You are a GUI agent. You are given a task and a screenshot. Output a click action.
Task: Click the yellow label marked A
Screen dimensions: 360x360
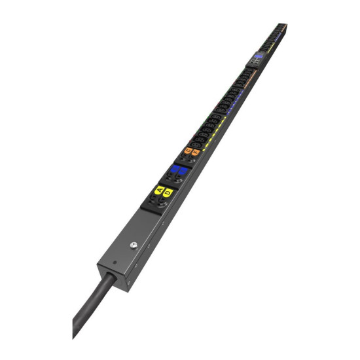[x=159, y=190]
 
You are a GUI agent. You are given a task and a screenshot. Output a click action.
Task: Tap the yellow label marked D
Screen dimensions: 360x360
[x=168, y=193]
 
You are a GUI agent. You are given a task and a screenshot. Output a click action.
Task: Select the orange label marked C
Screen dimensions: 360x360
[x=189, y=151]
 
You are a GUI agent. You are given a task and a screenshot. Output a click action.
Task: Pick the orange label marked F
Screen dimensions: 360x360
[x=196, y=153]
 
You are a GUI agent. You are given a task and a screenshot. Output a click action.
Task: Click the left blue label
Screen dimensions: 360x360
[x=175, y=169]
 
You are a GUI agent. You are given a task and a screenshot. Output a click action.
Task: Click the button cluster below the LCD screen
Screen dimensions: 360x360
[x=253, y=66]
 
